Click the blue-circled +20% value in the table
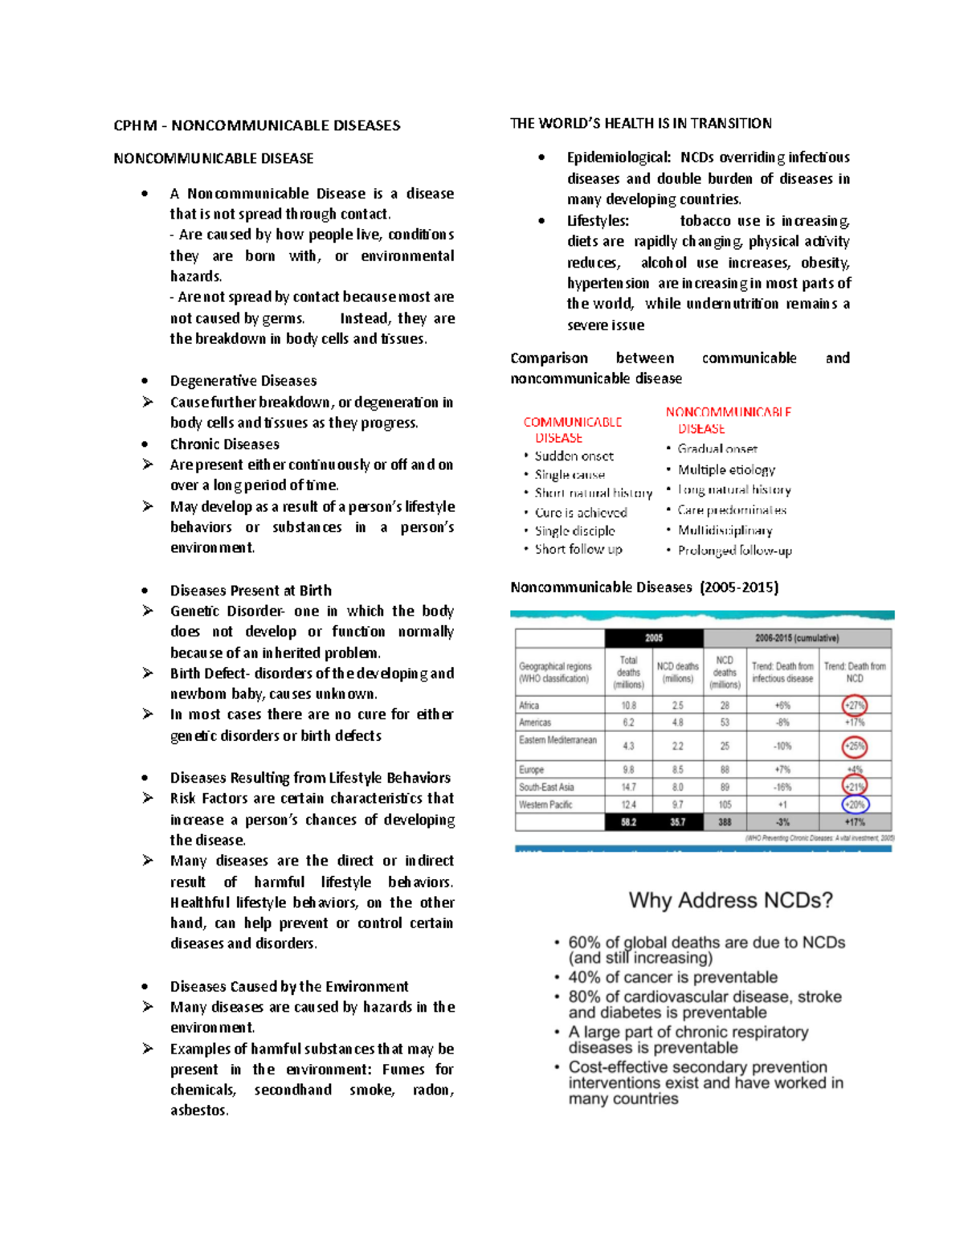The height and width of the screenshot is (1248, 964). tap(855, 804)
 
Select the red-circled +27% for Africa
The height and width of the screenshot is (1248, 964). tap(855, 706)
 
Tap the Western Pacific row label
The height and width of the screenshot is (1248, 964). tap(545, 804)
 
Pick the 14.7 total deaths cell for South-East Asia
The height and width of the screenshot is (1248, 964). tap(628, 788)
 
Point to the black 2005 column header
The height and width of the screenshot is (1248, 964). tap(654, 638)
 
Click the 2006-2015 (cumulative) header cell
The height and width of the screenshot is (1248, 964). tap(796, 638)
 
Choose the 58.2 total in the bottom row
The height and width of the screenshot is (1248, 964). tap(628, 822)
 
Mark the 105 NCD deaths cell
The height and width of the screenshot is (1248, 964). tap(725, 804)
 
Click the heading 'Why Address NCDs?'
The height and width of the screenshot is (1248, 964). tap(730, 900)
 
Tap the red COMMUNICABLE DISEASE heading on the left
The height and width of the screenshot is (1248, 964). tap(572, 430)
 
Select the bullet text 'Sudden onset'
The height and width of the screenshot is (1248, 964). tap(574, 456)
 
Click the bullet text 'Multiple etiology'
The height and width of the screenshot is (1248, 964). tap(726, 469)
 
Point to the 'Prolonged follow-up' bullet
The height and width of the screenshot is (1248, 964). tap(734, 550)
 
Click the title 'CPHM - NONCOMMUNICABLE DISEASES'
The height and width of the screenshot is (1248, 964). tap(256, 125)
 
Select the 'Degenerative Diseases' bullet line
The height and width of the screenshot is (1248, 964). tap(243, 381)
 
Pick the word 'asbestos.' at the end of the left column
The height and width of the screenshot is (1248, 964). tap(199, 1111)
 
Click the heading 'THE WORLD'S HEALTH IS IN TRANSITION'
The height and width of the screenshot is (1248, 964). tap(640, 123)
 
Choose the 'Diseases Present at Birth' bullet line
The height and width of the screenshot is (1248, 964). tap(250, 591)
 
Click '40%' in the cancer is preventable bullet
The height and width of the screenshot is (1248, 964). tap(584, 977)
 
